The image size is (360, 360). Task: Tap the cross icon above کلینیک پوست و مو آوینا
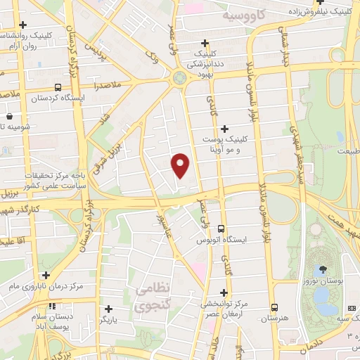pos(224,129)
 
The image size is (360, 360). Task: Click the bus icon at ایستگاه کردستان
pos(57,88)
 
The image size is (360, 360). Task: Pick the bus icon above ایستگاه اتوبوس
pos(221,229)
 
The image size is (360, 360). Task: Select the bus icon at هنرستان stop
pos(274,307)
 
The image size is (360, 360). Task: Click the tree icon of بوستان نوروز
pos(323,269)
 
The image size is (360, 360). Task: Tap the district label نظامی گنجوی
pos(149,296)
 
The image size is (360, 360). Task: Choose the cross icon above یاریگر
pos(108,308)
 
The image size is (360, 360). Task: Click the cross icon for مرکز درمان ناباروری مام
pos(46,275)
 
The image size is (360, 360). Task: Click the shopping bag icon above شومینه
pos(9,116)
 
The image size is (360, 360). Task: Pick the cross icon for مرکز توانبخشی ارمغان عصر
pos(224,292)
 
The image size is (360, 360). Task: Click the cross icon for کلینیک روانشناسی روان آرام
pos(23,25)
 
